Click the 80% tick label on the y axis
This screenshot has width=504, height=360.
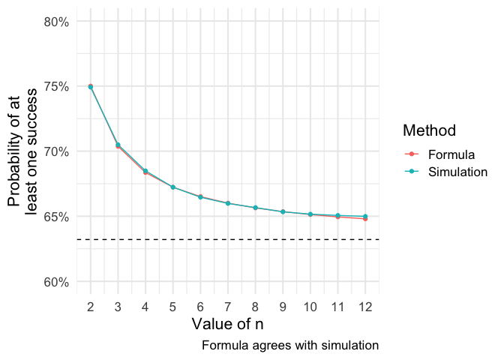pyautogui.click(x=57, y=22)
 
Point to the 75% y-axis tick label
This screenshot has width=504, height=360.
pyautogui.click(x=57, y=87)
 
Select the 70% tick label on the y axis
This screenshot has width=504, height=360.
pyautogui.click(x=57, y=151)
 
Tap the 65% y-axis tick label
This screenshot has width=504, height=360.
pyautogui.click(x=57, y=217)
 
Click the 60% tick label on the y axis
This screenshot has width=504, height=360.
pyautogui.click(x=57, y=282)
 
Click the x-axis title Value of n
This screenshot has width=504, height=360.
pyautogui.click(x=227, y=324)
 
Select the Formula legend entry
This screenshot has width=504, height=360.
pyautogui.click(x=451, y=155)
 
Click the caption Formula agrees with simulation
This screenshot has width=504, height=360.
pyautogui.click(x=289, y=346)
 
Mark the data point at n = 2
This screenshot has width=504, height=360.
pyautogui.click(x=90, y=87)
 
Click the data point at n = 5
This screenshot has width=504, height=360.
pyautogui.click(x=172, y=187)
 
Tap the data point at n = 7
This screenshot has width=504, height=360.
pyautogui.click(x=228, y=203)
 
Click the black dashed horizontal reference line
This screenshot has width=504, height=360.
pyautogui.click(x=225, y=239)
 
